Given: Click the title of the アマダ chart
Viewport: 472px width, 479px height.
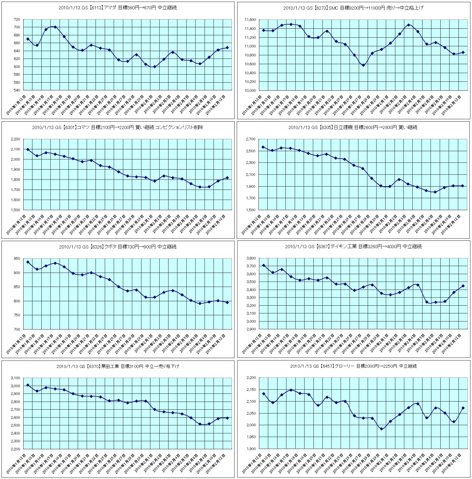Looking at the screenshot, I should (118, 7).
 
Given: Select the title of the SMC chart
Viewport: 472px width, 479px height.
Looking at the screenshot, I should (353, 8).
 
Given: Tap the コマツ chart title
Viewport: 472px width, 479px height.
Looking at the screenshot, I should (118, 127).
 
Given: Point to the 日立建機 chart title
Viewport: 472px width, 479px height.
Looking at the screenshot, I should (353, 127).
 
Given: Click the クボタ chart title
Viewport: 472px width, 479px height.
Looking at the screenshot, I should (118, 247).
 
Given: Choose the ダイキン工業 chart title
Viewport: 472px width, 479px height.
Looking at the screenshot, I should (353, 247).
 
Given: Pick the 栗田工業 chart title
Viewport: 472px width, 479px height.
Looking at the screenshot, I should (118, 366).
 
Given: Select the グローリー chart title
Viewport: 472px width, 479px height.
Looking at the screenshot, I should (353, 366).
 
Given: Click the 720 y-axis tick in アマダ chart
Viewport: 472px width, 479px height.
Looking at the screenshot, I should (17, 20).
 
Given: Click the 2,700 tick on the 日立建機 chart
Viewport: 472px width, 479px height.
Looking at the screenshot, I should (250, 139).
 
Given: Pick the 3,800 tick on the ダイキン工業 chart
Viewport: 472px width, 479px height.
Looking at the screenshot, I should (250, 258).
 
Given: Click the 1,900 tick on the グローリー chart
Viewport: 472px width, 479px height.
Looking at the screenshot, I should (250, 449).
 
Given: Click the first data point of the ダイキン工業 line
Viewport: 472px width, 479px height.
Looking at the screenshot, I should (263, 265).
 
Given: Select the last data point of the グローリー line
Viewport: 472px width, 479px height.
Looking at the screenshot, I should (463, 408).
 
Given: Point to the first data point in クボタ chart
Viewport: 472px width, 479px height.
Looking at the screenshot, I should (28, 262).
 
